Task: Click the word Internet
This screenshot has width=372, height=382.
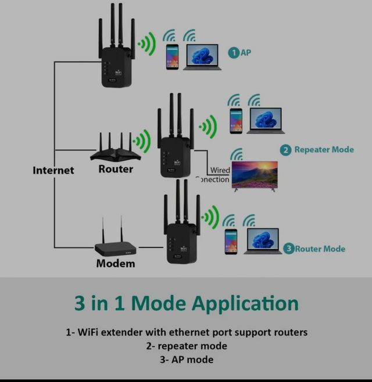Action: [x=53, y=170]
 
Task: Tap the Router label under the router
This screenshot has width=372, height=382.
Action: [x=116, y=169]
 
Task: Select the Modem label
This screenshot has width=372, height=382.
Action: [x=116, y=263]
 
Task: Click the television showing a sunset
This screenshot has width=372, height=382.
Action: [x=255, y=175]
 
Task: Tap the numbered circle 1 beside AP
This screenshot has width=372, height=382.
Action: [x=233, y=53]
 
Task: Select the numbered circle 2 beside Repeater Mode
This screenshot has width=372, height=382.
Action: [x=285, y=150]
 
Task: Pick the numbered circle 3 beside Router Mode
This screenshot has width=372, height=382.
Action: [x=289, y=248]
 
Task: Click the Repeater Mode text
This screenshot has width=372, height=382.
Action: [x=324, y=150]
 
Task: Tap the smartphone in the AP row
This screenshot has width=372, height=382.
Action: [x=172, y=57]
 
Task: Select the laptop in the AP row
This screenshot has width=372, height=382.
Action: [x=202, y=57]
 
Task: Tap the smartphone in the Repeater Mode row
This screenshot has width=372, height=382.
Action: [x=235, y=121]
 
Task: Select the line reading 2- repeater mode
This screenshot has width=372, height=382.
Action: [x=186, y=346]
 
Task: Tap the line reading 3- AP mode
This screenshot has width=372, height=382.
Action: [x=186, y=359]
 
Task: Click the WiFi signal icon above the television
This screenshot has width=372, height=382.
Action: [x=237, y=154]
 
